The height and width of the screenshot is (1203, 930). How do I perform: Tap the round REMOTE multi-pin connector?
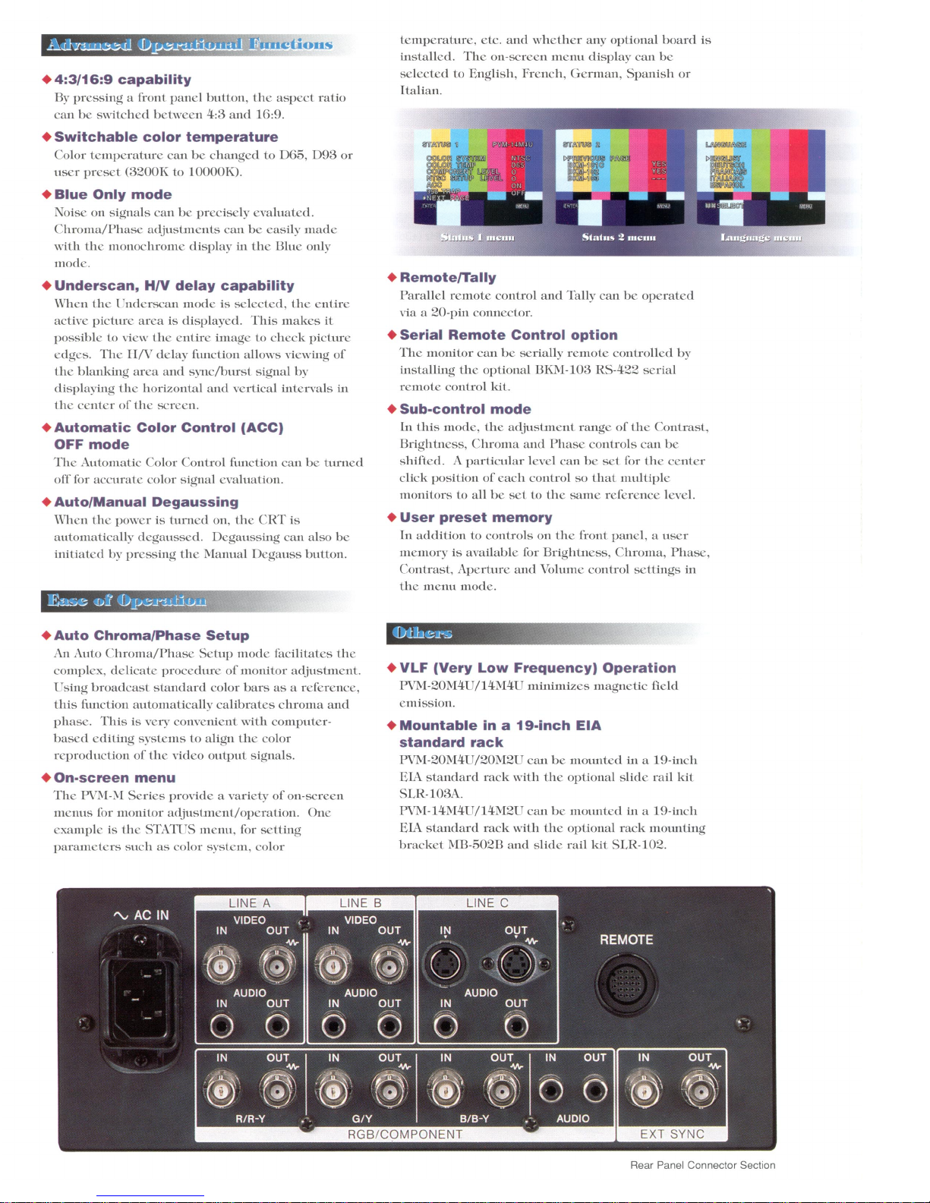[x=626, y=984]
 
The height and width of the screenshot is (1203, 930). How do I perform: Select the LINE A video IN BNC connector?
[x=221, y=965]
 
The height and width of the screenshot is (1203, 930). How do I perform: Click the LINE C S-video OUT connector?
[x=516, y=965]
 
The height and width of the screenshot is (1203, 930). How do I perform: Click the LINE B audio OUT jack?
[x=389, y=1027]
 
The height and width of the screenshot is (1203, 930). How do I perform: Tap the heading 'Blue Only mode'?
[x=113, y=194]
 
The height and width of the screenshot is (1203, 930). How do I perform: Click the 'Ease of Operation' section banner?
[x=127, y=601]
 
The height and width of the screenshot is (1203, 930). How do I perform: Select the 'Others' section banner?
[x=422, y=633]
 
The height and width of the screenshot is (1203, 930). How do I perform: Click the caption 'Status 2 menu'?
[x=619, y=238]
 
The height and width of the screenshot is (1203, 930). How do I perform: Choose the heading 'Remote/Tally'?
[x=448, y=278]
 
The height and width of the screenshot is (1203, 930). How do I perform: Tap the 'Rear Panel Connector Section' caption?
[x=702, y=1165]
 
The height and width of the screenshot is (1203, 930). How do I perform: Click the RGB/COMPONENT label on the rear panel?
[x=405, y=1134]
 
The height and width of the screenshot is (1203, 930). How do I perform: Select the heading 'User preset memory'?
[x=476, y=518]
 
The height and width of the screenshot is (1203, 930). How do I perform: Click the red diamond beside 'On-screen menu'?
[x=46, y=778]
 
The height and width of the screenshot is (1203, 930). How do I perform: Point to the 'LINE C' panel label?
[x=487, y=902]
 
